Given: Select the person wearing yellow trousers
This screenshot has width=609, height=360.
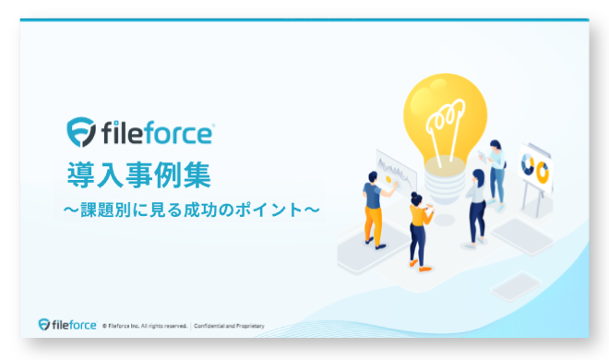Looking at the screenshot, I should click(x=373, y=208).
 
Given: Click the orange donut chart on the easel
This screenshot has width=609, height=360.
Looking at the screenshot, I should click(x=542, y=172).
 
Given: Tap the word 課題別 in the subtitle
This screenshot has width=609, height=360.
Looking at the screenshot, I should click(x=103, y=210).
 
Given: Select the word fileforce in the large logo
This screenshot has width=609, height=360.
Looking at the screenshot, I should click(x=154, y=133).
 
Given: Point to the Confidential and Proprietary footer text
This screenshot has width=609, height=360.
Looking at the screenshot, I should click(x=229, y=326).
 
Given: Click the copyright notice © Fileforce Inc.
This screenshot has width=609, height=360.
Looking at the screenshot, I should click(x=145, y=326).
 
